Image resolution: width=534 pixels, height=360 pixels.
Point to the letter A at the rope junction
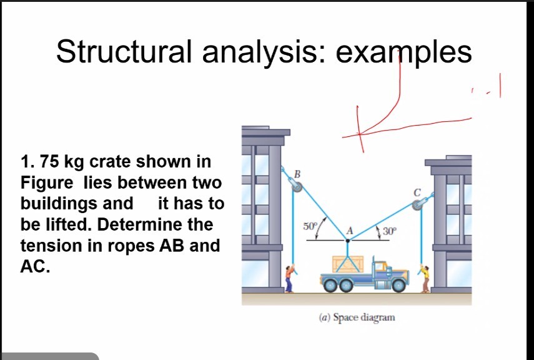click(350, 230)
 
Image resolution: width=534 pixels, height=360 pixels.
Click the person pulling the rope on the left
click(289, 279)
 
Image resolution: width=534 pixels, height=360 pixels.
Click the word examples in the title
click(403, 52)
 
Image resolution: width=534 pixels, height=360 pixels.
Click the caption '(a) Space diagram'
click(357, 317)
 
